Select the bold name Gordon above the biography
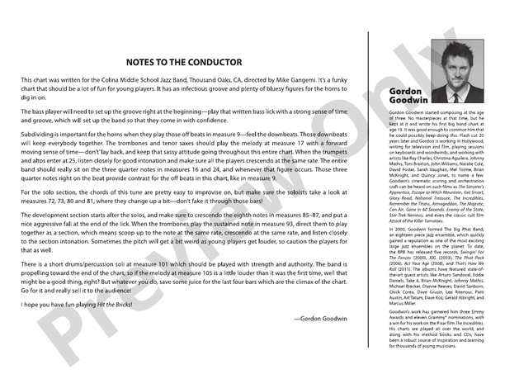(402, 88)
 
